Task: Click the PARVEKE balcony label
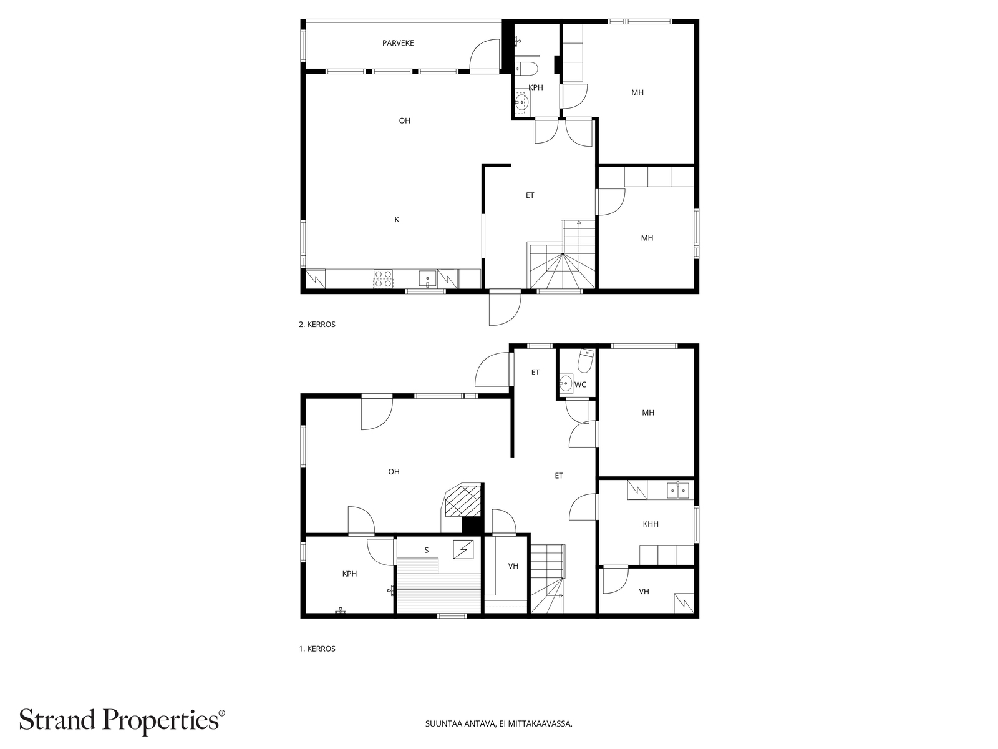[398, 43]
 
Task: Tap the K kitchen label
[397, 220]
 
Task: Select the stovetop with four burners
[383, 278]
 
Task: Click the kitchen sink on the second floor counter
[427, 278]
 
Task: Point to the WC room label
[580, 384]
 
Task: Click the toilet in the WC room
[585, 361]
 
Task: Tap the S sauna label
[427, 551]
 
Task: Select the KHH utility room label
[651, 524]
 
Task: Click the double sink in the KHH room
[678, 491]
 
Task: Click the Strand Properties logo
[122, 721]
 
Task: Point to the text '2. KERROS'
[317, 325]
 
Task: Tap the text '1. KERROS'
[317, 649]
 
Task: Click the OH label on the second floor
[405, 121]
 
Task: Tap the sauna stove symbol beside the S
[463, 549]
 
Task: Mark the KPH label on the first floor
[349, 574]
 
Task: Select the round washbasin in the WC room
[566, 383]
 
